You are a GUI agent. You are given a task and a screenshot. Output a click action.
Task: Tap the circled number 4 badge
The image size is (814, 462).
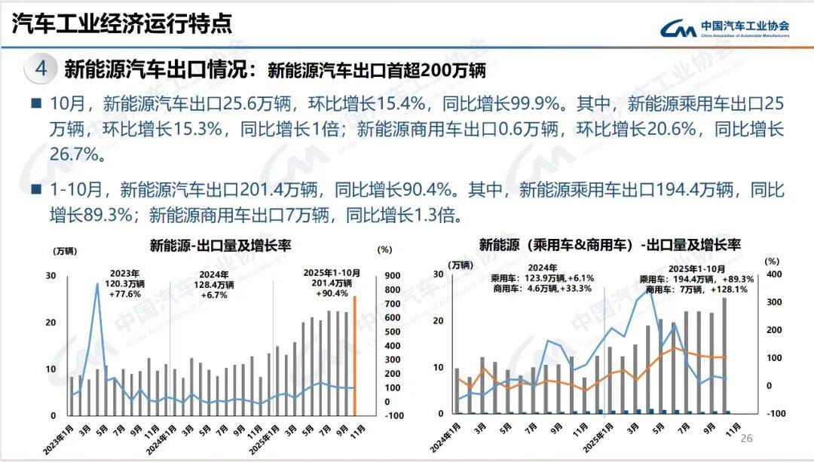[41, 69]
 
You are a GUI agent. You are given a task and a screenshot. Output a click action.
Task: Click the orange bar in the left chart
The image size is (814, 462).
[355, 355]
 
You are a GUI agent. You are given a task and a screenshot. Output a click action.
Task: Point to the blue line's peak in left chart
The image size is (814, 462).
[97, 284]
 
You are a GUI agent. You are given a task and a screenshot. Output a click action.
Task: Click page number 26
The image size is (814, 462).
[747, 439]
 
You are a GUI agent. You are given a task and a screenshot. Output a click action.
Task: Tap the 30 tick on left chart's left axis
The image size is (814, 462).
[50, 276]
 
